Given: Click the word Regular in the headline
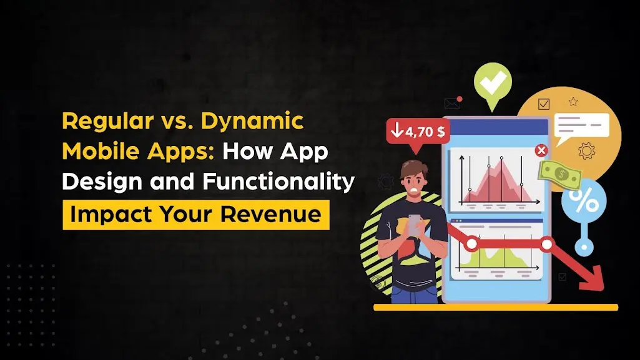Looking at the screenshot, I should tap(102, 122).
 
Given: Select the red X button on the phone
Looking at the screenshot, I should tap(541, 150).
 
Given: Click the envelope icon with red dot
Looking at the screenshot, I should tap(452, 103).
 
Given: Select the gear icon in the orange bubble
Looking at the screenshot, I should tap(586, 151).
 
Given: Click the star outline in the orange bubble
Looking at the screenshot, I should tap(573, 102).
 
